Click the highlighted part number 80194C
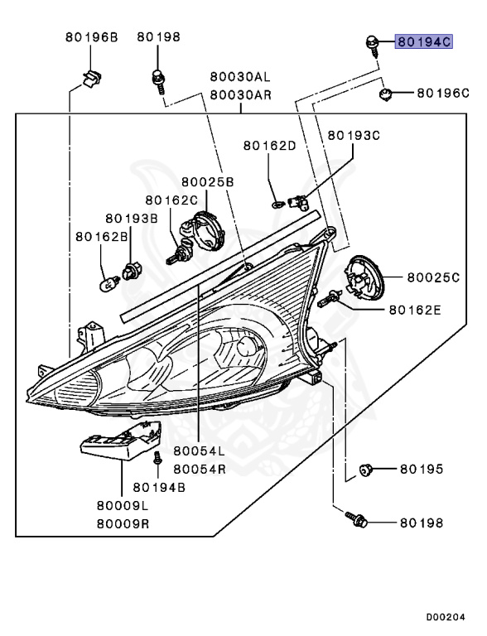pos(424,41)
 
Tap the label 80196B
pos(92,37)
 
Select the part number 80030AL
pos(240,76)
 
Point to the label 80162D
pos(269,146)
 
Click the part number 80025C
pos(433,277)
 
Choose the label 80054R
pos(200,470)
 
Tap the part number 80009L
pos(123,506)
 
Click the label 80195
pos(422,470)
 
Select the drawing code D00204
pos(446,618)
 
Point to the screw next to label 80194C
pos(373,46)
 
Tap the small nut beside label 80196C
pos(385,94)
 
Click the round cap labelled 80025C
pos(364,278)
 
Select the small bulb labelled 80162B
pos(109,282)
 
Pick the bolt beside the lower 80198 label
pos(356,519)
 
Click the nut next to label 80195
pos(365,470)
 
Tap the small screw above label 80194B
pos(157,457)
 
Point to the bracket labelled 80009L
pos(121,441)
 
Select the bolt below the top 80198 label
pos(159,81)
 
